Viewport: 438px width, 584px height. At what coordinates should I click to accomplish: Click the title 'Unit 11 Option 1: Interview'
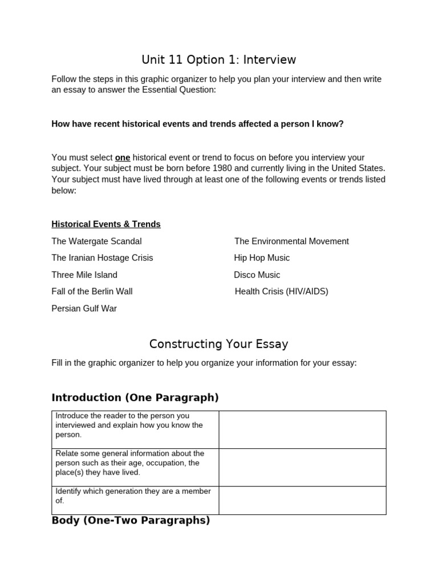tap(219, 60)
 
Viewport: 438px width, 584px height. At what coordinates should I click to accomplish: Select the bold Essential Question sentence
tap(197, 124)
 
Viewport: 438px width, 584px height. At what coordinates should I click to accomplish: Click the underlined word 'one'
tap(123, 157)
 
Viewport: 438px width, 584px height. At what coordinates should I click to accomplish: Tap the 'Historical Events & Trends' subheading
tap(106, 224)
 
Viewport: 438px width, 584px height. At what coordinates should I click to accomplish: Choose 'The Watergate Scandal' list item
tap(96, 241)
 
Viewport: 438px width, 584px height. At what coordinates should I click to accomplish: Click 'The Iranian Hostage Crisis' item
tap(102, 258)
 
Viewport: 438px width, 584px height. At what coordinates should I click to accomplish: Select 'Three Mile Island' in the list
tap(84, 275)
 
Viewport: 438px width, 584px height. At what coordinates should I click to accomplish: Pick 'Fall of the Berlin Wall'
tap(92, 291)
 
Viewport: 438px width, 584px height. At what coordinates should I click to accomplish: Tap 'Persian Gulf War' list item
tap(84, 309)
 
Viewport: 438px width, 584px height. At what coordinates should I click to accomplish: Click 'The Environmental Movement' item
tap(291, 241)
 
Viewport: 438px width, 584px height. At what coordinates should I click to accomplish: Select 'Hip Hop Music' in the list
tap(262, 258)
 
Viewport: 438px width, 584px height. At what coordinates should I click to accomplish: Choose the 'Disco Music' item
tap(257, 275)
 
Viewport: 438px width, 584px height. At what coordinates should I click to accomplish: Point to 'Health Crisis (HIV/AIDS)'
tap(281, 291)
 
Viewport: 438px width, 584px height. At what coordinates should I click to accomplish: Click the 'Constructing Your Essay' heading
tap(219, 344)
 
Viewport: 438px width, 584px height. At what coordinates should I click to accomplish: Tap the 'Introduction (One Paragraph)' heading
tap(135, 398)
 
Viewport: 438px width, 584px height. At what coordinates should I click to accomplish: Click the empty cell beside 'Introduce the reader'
tap(302, 429)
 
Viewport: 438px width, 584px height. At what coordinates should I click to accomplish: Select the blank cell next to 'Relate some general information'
tap(302, 467)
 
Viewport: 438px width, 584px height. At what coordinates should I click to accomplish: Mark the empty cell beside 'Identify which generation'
tap(302, 500)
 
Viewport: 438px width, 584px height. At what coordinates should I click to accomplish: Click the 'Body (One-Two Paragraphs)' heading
tap(131, 520)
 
